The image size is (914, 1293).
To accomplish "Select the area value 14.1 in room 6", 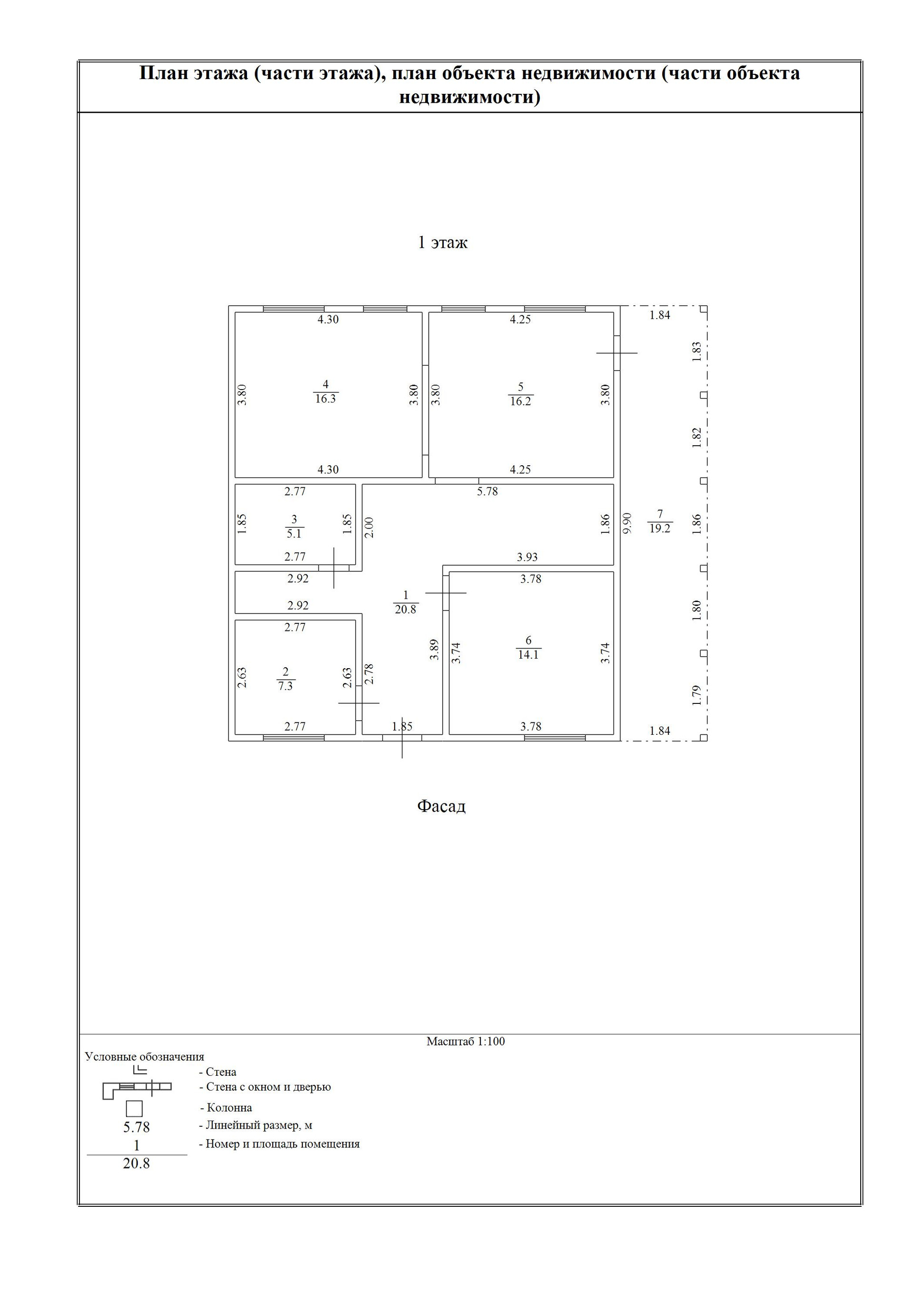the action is point(528,654).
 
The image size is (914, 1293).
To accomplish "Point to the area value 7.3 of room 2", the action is point(285,686).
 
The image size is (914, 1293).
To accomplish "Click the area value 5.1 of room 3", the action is point(294,533).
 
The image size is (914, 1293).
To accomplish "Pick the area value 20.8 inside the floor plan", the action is point(405,609).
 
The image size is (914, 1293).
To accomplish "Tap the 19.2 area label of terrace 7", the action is point(660,528).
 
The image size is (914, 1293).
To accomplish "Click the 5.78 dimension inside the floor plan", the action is point(487,491).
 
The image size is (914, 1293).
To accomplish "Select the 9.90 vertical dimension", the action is point(627,522).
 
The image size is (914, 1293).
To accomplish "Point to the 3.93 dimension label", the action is point(527,557).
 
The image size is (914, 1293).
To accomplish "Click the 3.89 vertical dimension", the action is point(434,649).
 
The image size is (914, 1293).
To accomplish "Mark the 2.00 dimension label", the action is point(369,527).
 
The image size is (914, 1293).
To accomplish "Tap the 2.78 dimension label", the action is point(369,674).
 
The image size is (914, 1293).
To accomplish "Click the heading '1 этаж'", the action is point(442,243).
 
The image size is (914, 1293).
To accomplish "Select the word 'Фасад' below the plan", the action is point(441,806).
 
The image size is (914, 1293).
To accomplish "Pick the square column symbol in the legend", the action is point(134,1109).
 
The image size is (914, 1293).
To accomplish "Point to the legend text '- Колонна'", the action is point(226,1108).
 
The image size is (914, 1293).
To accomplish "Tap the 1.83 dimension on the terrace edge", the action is point(697,351).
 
